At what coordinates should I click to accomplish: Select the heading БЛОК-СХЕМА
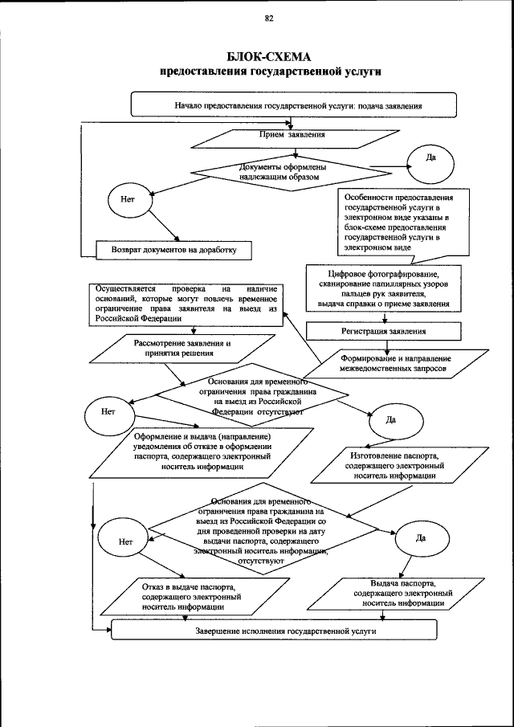(269, 56)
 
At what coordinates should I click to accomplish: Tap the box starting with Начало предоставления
(294, 105)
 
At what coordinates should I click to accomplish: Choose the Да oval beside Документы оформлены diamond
(430, 157)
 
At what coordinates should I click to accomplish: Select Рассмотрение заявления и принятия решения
(173, 349)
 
